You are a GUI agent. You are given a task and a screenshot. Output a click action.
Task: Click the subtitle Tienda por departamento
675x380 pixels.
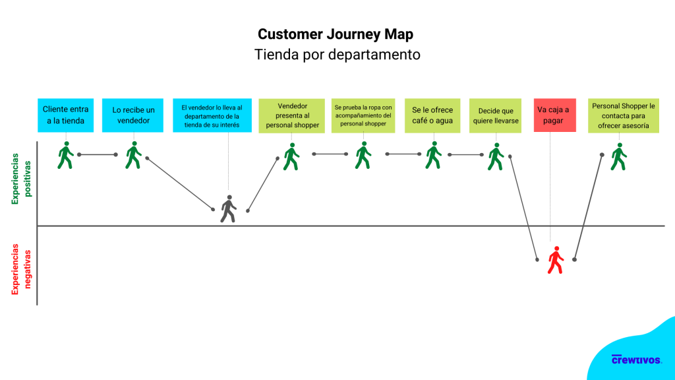(x=337, y=55)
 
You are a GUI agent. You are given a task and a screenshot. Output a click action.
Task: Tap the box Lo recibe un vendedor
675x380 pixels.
(x=133, y=115)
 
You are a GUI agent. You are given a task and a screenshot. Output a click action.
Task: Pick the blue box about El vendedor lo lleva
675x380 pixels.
(x=212, y=115)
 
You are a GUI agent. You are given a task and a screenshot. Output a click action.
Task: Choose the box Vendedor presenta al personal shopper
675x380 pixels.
(x=291, y=115)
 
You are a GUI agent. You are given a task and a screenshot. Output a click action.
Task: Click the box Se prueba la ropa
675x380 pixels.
(x=363, y=115)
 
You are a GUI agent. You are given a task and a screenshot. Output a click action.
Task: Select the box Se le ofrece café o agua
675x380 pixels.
(x=432, y=115)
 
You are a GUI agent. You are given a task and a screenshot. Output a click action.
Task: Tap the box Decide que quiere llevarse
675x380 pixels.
(x=495, y=115)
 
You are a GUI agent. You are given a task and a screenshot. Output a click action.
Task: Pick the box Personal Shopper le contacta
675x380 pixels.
(x=623, y=115)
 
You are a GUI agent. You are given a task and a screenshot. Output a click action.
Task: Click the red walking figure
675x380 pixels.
(x=556, y=260)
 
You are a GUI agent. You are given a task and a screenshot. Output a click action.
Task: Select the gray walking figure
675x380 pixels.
(x=228, y=208)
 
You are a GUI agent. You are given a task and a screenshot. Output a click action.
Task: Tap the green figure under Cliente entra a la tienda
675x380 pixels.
(x=65, y=155)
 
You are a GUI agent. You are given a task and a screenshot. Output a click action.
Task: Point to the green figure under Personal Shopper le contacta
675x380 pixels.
(x=618, y=156)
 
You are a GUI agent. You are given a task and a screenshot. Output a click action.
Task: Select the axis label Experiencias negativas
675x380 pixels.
(x=22, y=267)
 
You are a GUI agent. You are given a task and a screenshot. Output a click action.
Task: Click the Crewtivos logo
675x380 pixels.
(x=636, y=360)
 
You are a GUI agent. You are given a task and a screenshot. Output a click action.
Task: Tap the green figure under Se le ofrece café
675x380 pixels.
(x=433, y=155)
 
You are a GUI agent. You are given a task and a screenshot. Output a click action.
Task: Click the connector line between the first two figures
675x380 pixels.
(x=98, y=154)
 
